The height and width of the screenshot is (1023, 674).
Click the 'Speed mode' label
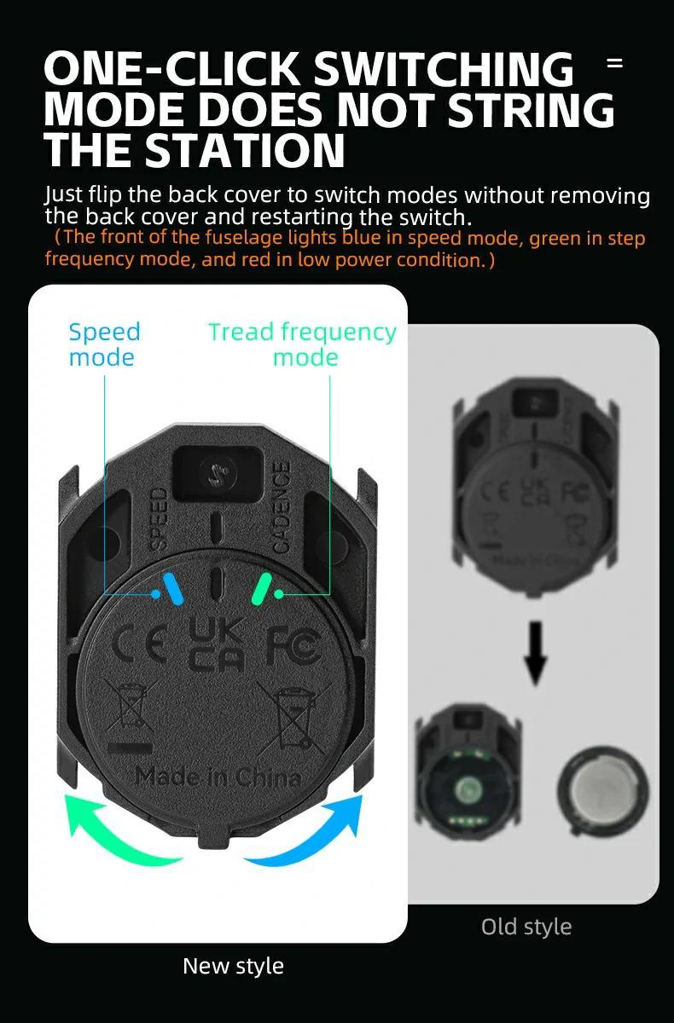(x=104, y=344)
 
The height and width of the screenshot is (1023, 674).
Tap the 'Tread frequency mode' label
(x=303, y=344)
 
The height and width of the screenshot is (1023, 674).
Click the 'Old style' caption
(x=526, y=927)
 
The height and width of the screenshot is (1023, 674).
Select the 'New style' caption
(x=233, y=966)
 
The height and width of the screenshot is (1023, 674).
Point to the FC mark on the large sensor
(x=293, y=646)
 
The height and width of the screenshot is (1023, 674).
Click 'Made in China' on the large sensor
(x=218, y=777)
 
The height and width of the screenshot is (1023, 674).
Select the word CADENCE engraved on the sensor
(x=281, y=506)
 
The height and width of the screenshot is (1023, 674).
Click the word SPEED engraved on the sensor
(x=159, y=518)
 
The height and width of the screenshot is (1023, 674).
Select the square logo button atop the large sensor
(x=216, y=473)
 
